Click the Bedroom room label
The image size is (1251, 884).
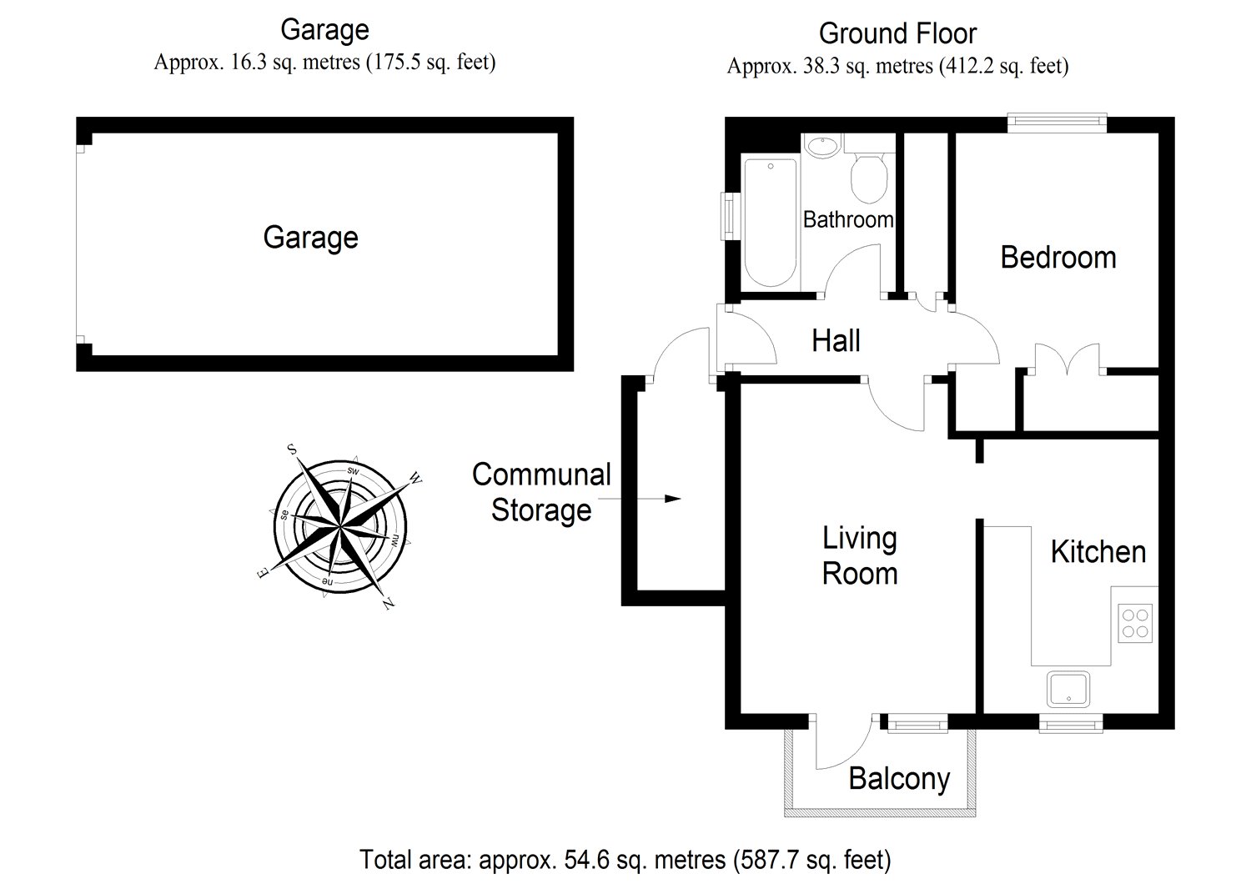[1058, 258]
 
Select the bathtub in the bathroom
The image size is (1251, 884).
[770, 222]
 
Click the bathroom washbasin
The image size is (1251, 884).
[823, 146]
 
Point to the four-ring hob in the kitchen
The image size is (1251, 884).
[1134, 622]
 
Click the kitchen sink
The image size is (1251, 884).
[1068, 688]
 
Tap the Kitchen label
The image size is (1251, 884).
[1098, 552]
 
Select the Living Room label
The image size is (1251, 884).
[860, 556]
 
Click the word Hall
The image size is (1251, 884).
[836, 341]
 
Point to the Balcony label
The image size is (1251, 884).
[899, 779]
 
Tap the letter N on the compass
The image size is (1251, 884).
[388, 605]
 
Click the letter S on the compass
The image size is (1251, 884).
[293, 450]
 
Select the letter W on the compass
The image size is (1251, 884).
[415, 480]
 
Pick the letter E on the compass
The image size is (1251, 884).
[263, 574]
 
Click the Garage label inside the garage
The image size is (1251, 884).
[310, 238]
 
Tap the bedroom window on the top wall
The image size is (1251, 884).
[1057, 123]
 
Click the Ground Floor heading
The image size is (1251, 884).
[897, 33]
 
